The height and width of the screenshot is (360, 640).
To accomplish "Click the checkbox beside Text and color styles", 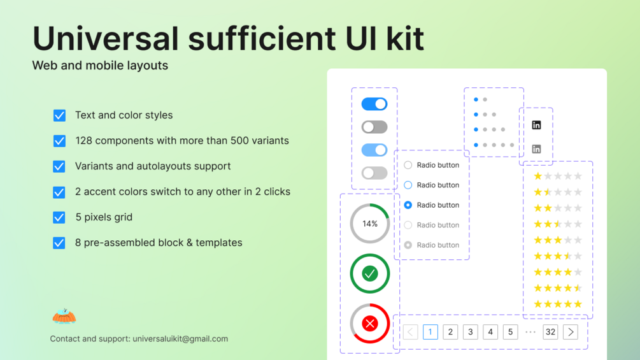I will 59,115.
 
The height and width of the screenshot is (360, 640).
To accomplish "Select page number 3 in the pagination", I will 471,332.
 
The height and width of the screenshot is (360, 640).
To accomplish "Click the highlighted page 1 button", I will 430,332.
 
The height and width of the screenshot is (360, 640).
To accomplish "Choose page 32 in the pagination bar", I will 550,332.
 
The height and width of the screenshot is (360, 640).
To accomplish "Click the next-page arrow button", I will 571,332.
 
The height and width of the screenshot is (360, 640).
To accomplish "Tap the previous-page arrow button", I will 411,332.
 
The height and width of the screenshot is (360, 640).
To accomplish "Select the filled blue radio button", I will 408,205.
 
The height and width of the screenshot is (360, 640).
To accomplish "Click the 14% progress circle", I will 370,224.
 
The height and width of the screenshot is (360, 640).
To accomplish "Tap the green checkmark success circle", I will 370,273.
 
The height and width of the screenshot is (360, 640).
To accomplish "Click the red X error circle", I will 370,323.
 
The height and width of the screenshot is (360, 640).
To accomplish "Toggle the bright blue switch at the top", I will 374,104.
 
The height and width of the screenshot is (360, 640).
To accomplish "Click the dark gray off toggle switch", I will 374,127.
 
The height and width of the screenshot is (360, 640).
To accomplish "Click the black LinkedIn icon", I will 536,126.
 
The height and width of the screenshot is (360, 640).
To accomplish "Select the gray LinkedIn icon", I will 536,149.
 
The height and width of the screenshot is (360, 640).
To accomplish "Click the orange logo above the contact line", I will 64,315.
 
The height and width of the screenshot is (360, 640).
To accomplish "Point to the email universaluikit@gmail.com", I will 180,339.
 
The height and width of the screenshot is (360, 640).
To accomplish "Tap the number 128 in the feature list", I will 85,141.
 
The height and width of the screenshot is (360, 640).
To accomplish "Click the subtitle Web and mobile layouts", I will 100,65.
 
